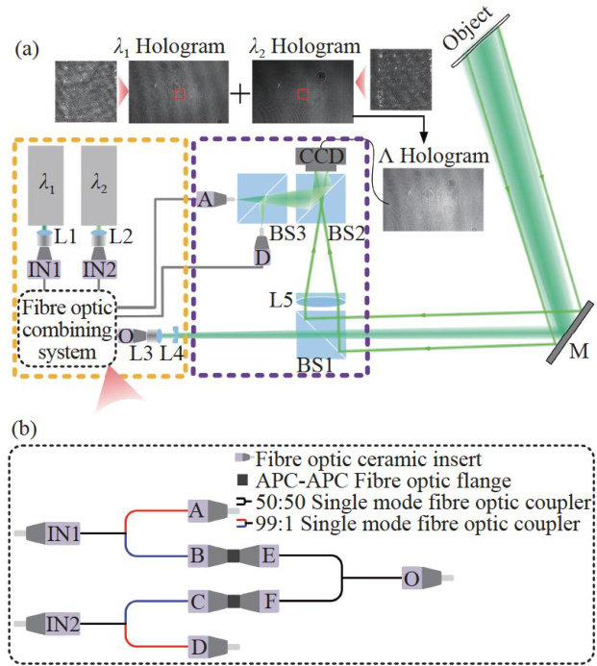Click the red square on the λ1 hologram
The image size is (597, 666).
click(179, 93)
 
